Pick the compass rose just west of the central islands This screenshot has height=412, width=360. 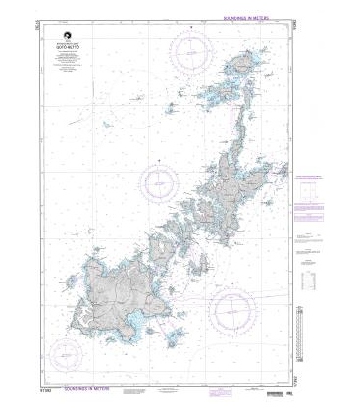(159, 181)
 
